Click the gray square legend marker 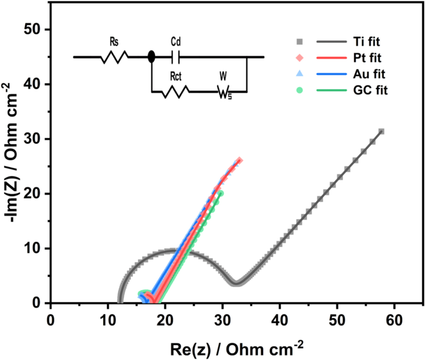(x=300, y=42)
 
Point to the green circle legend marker (x=300, y=90)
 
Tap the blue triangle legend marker (x=300, y=74)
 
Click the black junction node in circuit (x=151, y=57)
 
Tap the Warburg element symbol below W (x=224, y=91)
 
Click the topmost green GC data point (x=221, y=193)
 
